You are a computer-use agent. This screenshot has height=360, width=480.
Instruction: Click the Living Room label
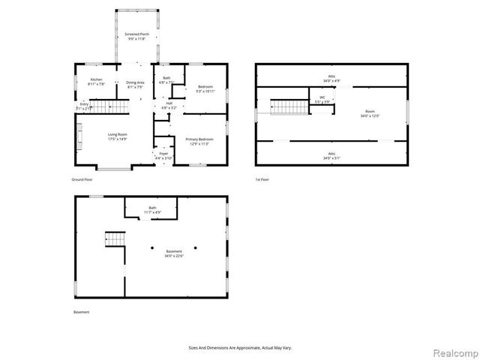click(116, 136)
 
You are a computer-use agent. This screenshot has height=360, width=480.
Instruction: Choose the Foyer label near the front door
click(163, 156)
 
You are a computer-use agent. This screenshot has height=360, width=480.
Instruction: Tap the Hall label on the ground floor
click(169, 105)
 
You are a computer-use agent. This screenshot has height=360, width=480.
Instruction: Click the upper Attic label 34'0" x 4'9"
click(331, 77)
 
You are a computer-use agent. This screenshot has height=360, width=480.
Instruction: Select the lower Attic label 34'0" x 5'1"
click(331, 156)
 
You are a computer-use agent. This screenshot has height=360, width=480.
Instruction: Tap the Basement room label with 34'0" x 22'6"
click(174, 253)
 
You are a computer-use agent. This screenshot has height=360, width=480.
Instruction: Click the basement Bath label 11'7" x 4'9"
click(152, 210)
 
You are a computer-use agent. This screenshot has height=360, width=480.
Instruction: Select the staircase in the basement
click(115, 239)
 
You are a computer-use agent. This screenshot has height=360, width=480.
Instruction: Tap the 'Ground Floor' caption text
click(82, 181)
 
